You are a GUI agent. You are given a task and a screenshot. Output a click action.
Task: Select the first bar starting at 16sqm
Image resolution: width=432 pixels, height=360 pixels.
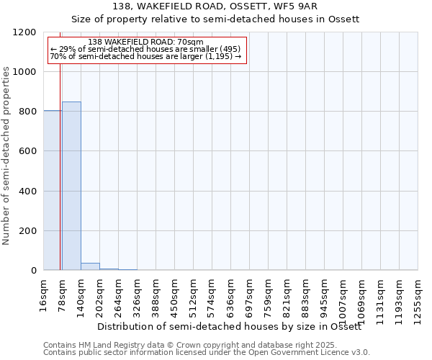point(52,191)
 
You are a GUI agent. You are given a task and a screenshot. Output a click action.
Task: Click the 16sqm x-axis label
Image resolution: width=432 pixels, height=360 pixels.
point(44,295)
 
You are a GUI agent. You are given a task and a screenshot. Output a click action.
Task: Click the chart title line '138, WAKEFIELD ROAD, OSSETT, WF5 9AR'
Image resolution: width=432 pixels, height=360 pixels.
point(215,6)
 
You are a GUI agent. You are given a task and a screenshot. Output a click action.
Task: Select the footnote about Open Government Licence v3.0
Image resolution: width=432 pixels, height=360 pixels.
point(206,353)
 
